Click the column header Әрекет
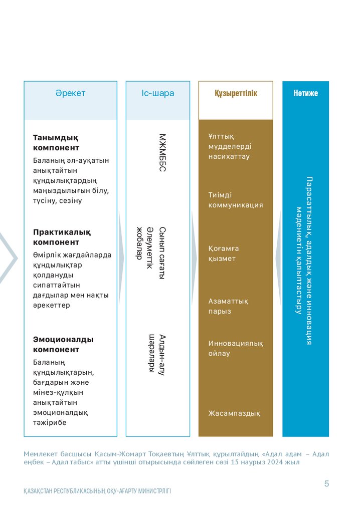pos(70,93)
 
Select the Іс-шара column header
pos(158,93)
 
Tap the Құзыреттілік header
pos(236,93)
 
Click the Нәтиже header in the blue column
pos(305,93)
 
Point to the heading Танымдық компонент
pos(56,142)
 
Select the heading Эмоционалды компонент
pos(63,344)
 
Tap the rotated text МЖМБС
pos(162,153)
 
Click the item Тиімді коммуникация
pos(235,200)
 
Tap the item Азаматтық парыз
pos(228,306)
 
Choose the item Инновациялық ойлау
pos(235,348)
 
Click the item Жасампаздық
pos(234,413)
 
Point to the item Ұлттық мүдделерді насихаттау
pos(230,146)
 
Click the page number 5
pos(326,483)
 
